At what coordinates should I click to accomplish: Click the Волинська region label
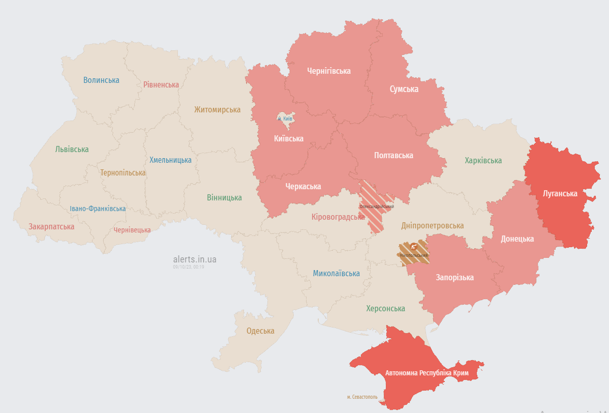101,80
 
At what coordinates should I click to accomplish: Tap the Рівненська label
161,84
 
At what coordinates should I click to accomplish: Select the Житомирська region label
217,109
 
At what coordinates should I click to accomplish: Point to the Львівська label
72,150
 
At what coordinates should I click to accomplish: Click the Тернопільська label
123,173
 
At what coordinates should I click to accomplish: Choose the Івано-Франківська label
98,209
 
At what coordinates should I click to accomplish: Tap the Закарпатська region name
51,226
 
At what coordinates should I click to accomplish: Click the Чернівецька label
132,230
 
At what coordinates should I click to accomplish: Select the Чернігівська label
329,71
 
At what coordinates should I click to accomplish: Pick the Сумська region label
404,89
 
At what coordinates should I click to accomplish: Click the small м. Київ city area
285,118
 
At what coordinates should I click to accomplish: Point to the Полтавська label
393,155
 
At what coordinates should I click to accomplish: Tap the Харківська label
483,160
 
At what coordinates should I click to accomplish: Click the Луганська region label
560,194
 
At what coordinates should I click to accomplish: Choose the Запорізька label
454,277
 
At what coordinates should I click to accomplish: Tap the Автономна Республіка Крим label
427,373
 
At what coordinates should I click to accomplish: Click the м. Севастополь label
362,397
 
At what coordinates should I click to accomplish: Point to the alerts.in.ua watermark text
195,259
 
